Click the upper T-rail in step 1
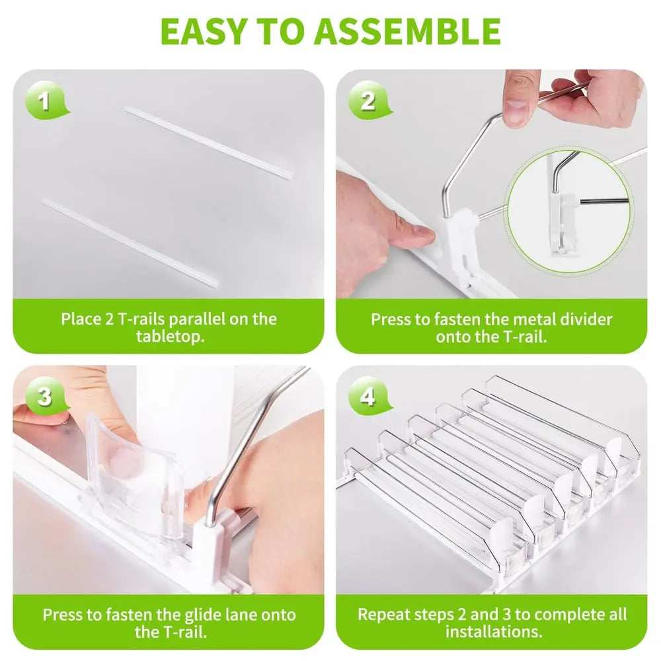coord(208,143)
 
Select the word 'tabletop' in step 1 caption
coord(169,336)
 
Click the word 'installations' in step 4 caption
coord(494,631)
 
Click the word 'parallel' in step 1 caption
coord(198,319)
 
